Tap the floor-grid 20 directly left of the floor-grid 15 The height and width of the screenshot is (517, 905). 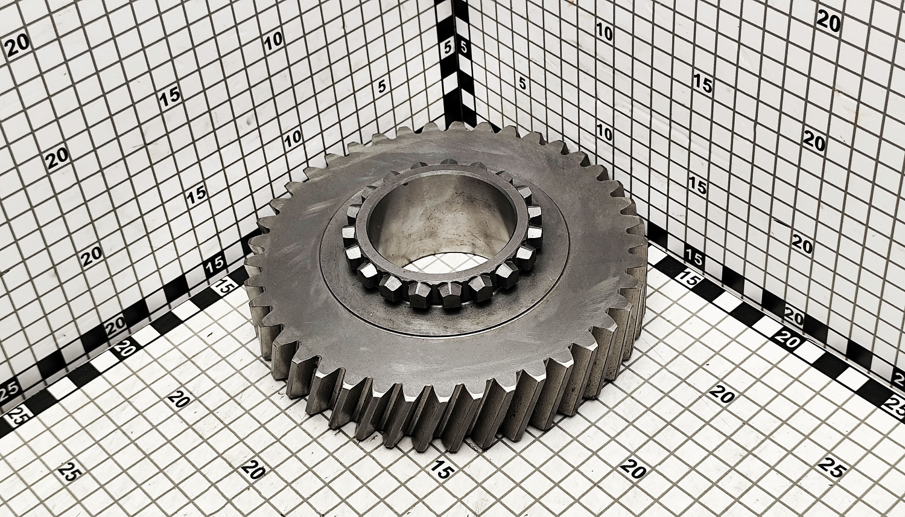[x=254, y=470]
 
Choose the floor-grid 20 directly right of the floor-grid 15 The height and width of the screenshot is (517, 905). [x=634, y=469]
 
